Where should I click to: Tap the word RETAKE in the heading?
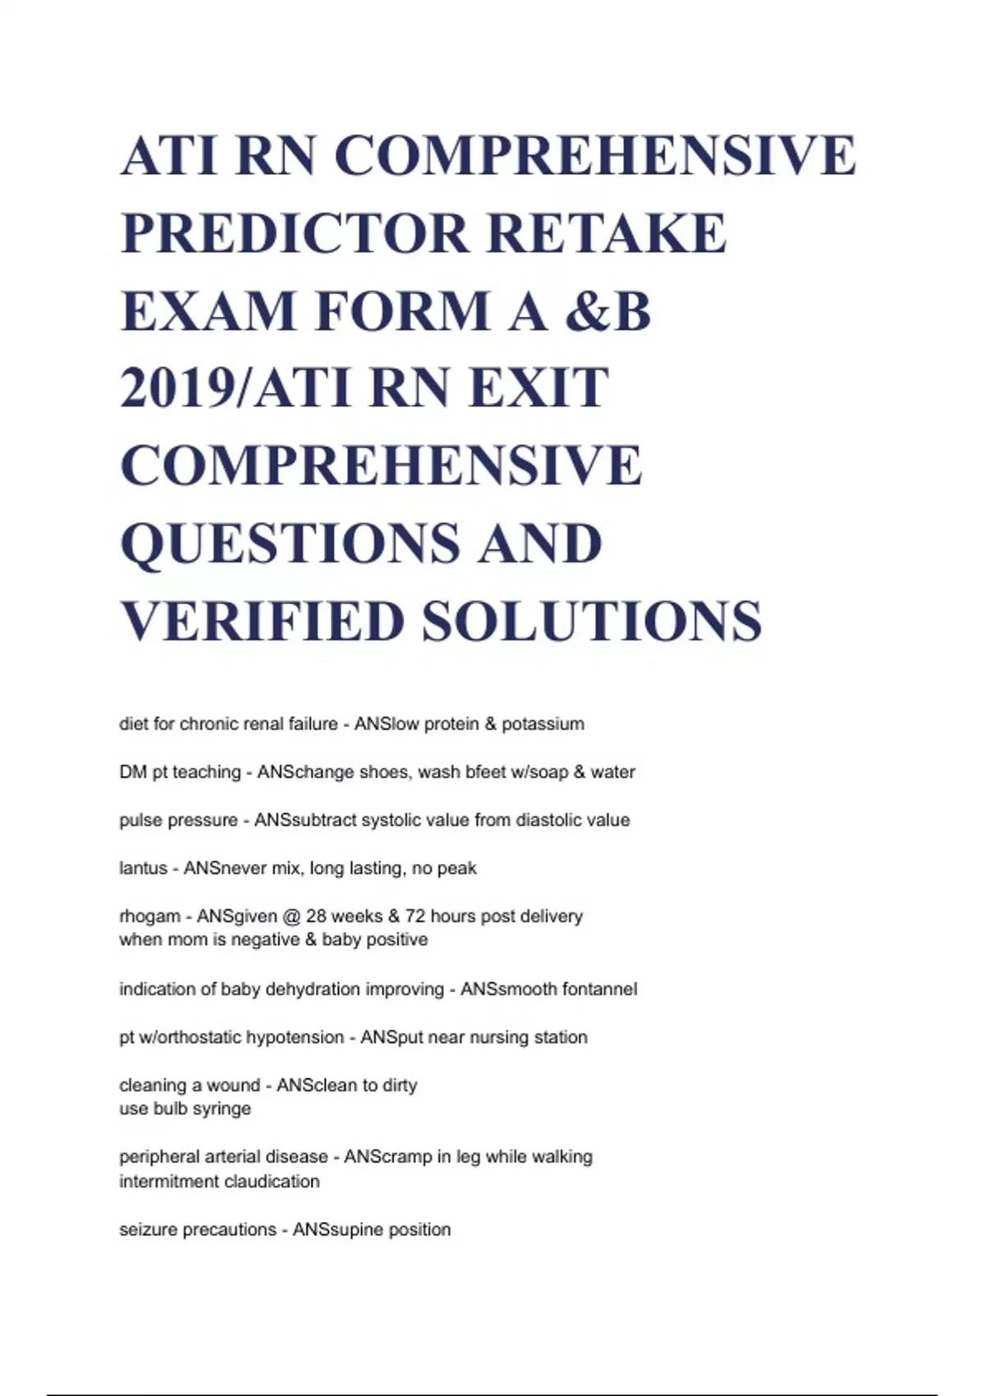point(607,233)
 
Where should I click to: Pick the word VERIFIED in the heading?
point(263,621)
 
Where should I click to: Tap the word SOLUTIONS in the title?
point(592,621)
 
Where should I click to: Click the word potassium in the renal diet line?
point(543,724)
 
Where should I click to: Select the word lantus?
point(143,869)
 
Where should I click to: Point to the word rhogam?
point(149,916)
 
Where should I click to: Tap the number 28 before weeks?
point(316,916)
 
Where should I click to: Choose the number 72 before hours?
point(415,916)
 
